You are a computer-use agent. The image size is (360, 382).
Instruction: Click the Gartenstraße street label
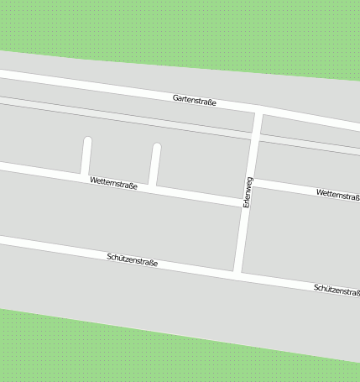pyautogui.click(x=195, y=101)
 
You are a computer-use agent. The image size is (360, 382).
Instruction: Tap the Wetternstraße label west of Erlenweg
pyautogui.click(x=113, y=182)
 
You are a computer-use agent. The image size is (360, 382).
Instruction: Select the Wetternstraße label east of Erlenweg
pyautogui.click(x=338, y=194)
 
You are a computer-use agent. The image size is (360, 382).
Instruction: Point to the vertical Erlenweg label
pyautogui.click(x=248, y=192)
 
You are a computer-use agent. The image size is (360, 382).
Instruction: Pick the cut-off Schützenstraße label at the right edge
pyautogui.click(x=337, y=290)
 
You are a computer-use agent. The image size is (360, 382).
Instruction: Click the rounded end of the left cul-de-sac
pyautogui.click(x=87, y=140)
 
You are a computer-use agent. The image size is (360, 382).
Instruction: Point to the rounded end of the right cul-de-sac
pyautogui.click(x=156, y=148)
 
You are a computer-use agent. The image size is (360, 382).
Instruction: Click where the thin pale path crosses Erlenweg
pyautogui.click(x=256, y=137)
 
